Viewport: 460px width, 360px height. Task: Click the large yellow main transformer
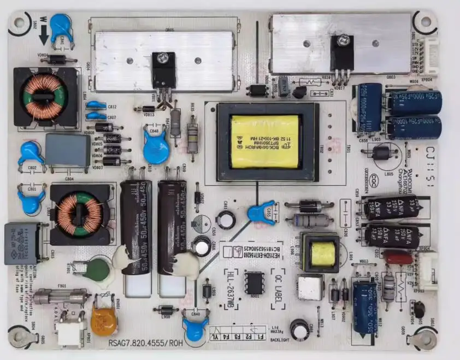(x=265, y=141)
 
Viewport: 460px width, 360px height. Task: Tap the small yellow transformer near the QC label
(x=323, y=253)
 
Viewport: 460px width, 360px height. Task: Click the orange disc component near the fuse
(x=103, y=322)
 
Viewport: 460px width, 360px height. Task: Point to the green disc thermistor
(x=97, y=270)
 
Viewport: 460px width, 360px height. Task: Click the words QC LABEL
(x=277, y=289)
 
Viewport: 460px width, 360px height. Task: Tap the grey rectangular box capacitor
(x=68, y=150)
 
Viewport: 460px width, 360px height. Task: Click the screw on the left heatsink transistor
(x=163, y=57)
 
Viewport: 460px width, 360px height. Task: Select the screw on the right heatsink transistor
(x=343, y=39)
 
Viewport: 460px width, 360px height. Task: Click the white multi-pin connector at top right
(x=431, y=58)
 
